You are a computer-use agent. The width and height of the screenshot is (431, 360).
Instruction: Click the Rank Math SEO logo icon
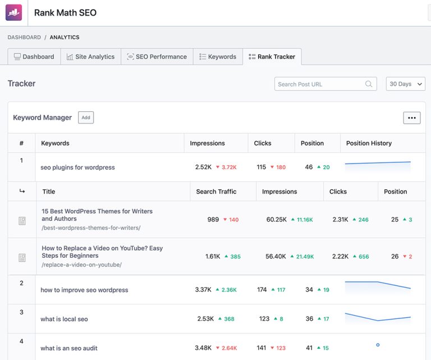tap(13, 12)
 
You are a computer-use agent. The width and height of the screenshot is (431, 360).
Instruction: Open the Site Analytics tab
tap(90, 57)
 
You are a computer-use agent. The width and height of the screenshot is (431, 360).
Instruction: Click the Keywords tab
tap(218, 57)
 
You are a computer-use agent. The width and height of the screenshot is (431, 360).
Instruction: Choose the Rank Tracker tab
tap(272, 57)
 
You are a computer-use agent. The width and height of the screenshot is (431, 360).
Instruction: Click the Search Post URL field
tap(320, 84)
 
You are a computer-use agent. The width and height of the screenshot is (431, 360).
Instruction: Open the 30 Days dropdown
tap(405, 84)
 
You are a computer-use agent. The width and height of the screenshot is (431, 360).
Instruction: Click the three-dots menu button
tap(411, 118)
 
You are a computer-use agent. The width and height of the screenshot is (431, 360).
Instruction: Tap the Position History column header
tap(369, 143)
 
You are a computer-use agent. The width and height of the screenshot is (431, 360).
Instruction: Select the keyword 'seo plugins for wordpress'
tap(77, 167)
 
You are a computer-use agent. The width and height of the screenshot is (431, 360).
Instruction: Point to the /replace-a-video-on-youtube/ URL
tap(81, 265)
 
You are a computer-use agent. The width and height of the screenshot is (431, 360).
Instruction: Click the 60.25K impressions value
tap(276, 220)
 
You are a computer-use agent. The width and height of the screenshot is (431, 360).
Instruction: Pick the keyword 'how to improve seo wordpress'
tap(84, 290)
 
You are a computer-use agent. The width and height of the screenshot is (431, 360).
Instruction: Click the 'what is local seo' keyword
tap(64, 319)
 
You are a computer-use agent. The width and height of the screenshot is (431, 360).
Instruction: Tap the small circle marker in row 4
tap(378, 345)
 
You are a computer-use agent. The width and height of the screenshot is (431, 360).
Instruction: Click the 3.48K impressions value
tap(203, 348)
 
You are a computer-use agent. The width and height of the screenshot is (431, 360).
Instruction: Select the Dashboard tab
tap(34, 57)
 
